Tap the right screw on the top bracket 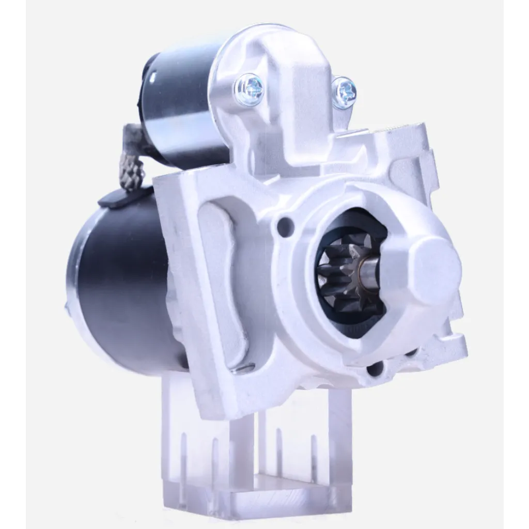(x=344, y=92)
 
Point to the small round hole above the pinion (x=284, y=227)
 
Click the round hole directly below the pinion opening (x=376, y=368)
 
